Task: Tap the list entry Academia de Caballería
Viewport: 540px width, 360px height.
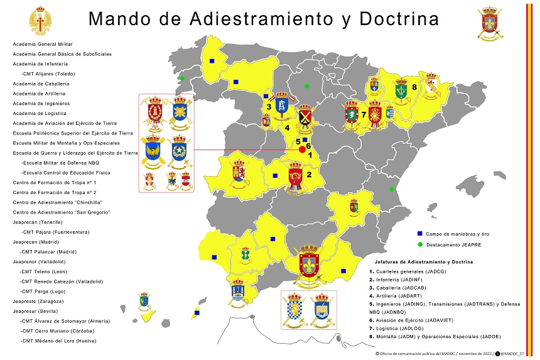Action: click(x=41, y=84)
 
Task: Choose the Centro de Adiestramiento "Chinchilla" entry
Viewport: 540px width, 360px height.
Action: click(x=57, y=202)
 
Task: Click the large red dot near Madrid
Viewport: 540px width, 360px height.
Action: click(x=302, y=150)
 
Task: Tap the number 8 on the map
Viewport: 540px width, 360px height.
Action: click(x=414, y=87)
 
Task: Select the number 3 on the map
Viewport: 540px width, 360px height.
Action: click(x=268, y=107)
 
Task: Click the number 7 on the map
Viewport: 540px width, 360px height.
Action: click(x=364, y=115)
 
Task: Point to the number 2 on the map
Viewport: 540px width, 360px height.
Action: click(x=309, y=167)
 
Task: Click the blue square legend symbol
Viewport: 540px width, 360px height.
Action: click(x=419, y=234)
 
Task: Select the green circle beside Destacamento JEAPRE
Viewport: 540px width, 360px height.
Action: click(x=419, y=244)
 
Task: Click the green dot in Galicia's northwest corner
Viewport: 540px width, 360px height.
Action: click(x=182, y=79)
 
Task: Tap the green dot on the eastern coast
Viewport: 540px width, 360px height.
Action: click(x=391, y=189)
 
